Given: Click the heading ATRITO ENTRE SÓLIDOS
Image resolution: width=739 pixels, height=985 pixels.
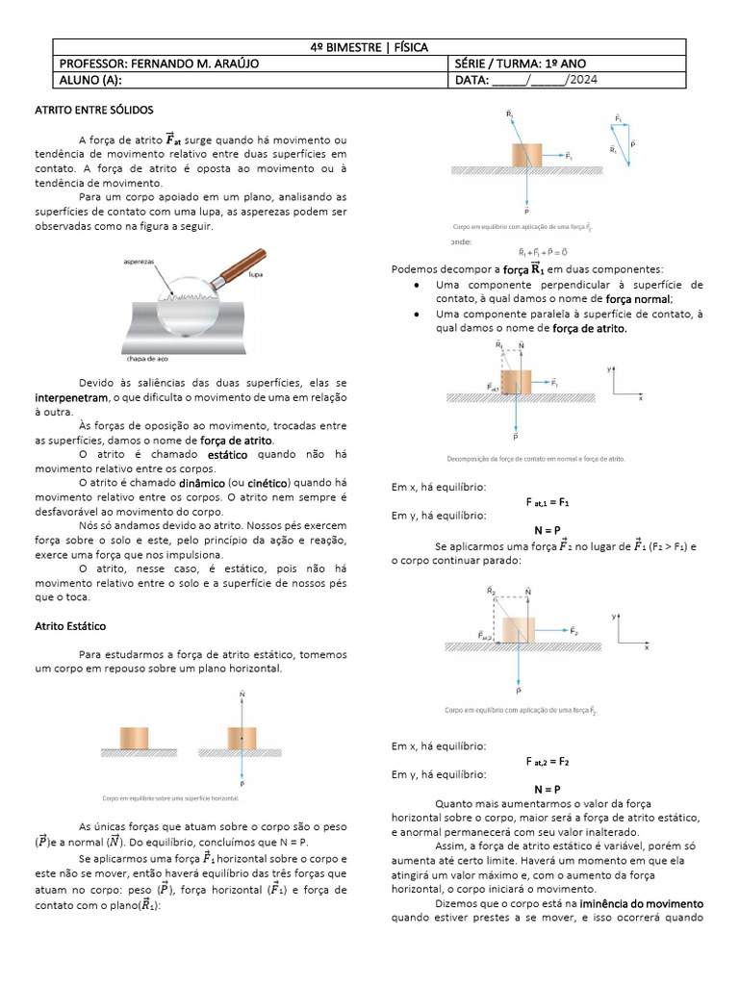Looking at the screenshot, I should (x=93, y=111).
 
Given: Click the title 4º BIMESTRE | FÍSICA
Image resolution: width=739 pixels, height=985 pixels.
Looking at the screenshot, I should (x=369, y=46).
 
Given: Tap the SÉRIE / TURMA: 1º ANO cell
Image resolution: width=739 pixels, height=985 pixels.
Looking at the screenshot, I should (x=524, y=63).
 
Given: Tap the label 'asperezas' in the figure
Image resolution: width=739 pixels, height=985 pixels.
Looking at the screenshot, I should (x=140, y=261).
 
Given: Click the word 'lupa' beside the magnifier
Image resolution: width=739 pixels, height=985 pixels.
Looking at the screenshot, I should (x=255, y=274).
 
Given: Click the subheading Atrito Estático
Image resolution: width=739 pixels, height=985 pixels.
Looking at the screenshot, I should (x=70, y=625).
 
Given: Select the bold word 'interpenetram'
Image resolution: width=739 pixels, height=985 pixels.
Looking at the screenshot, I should (x=71, y=397).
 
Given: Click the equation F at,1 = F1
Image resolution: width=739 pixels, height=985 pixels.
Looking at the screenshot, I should (x=548, y=502).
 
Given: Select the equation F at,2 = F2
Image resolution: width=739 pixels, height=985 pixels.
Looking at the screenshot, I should (x=548, y=761).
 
